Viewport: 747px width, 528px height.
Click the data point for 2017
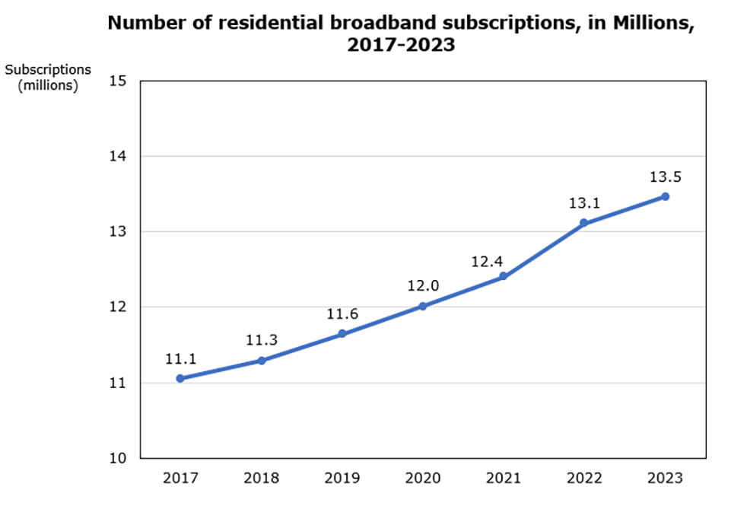tap(180, 378)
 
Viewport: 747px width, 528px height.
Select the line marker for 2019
tap(342, 333)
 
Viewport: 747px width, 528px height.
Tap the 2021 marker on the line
tap(503, 276)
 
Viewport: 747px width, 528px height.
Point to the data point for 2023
tap(665, 196)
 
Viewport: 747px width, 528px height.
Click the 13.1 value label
tap(584, 204)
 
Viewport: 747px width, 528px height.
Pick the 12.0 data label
tap(422, 287)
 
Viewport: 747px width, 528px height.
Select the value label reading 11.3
tap(261, 341)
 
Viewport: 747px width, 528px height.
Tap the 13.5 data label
tap(665, 177)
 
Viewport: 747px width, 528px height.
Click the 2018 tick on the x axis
tap(261, 479)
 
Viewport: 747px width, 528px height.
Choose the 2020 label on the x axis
tap(422, 479)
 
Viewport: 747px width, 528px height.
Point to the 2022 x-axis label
tap(584, 479)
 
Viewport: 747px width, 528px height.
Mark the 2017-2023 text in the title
tap(401, 45)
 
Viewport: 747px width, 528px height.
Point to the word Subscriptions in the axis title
tap(48, 69)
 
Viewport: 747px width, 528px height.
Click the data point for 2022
tap(584, 223)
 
